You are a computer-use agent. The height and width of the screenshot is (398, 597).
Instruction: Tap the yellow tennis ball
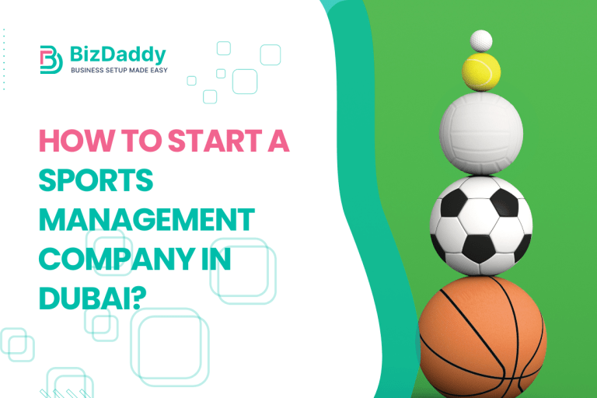tap(482, 71)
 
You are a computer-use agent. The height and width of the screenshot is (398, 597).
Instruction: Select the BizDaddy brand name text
tap(119, 54)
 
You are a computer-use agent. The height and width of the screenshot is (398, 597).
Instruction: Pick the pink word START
tap(204, 145)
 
